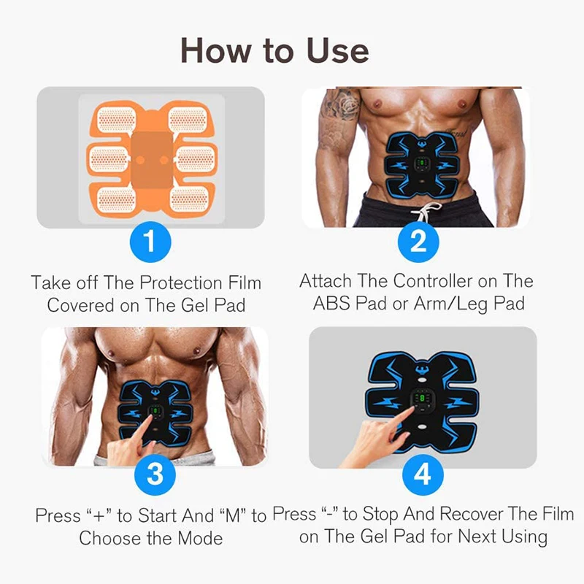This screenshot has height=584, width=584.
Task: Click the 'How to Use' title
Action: coord(274,50)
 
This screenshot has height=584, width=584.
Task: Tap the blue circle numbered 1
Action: coord(150,242)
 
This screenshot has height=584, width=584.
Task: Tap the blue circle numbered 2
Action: coord(418,242)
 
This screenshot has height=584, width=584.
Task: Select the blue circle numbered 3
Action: coord(155,474)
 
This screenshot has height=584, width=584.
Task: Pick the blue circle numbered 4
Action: coord(423,474)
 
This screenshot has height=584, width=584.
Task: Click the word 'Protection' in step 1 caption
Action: coord(180,283)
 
